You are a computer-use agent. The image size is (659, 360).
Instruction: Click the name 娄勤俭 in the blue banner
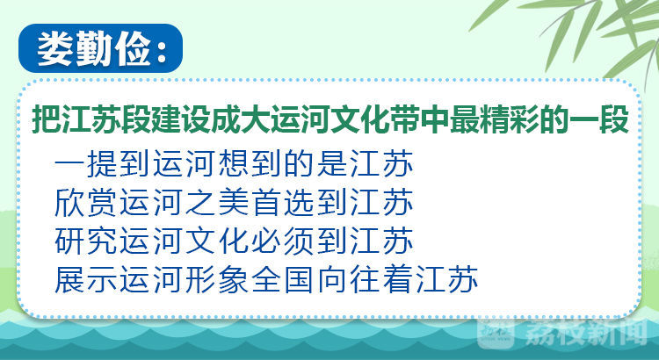(94, 49)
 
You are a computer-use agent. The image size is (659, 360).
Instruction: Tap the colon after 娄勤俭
(162, 51)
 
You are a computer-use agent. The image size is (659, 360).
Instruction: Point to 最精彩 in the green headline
(496, 119)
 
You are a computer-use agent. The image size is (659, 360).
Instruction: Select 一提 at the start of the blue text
(86, 164)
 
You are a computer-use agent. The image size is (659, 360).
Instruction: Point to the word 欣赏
(86, 203)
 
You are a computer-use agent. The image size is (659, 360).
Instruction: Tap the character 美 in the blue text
(234, 203)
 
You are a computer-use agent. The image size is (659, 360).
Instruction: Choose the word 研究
(86, 241)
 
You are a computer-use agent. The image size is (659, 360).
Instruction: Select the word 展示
(86, 280)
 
